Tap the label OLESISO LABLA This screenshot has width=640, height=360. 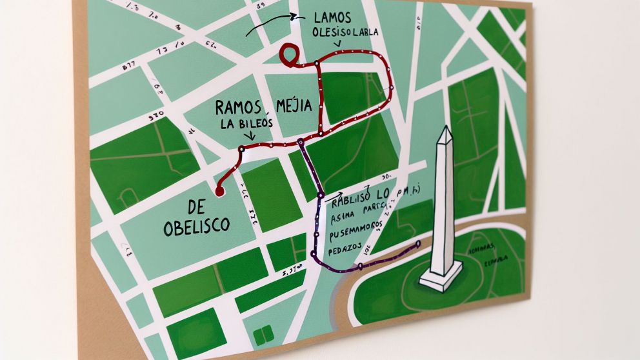point(345,32)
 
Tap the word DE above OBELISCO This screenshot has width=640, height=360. point(195,207)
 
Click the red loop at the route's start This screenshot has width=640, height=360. point(288,54)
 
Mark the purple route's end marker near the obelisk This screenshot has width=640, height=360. point(419,244)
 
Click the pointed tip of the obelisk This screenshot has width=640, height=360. point(445,130)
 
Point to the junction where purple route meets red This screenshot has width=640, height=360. point(301,141)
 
